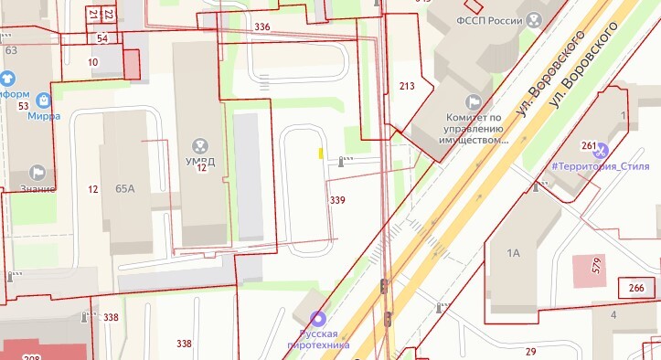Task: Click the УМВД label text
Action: pyautogui.click(x=199, y=161)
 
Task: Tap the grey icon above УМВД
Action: pyautogui.click(x=199, y=144)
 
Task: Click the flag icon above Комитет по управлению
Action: pyautogui.click(x=474, y=101)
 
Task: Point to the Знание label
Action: pyautogui.click(x=37, y=188)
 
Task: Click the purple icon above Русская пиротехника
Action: pyautogui.click(x=317, y=319)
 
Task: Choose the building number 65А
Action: pyautogui.click(x=125, y=188)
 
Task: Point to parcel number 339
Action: pyautogui.click(x=337, y=199)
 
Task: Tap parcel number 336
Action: pyautogui.click(x=262, y=27)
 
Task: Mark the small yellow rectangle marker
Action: pyautogui.click(x=320, y=154)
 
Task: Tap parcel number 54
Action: pyautogui.click(x=101, y=38)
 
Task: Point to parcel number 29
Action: pyautogui.click(x=530, y=352)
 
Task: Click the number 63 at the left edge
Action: pyautogui.click(x=11, y=50)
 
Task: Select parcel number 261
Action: pyautogui.click(x=589, y=146)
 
